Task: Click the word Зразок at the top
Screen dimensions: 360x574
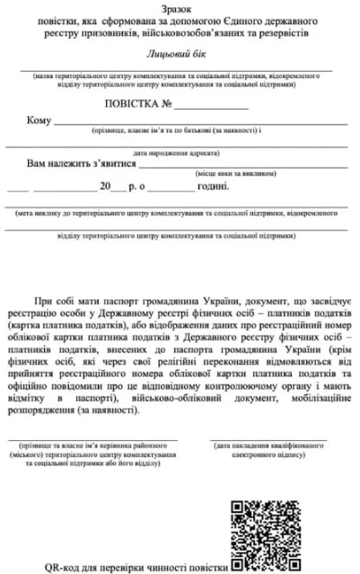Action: click(179, 7)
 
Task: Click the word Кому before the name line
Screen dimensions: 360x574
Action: click(39, 120)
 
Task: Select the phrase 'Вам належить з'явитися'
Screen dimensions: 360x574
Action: click(82, 165)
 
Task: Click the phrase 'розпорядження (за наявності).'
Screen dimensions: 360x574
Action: click(79, 407)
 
